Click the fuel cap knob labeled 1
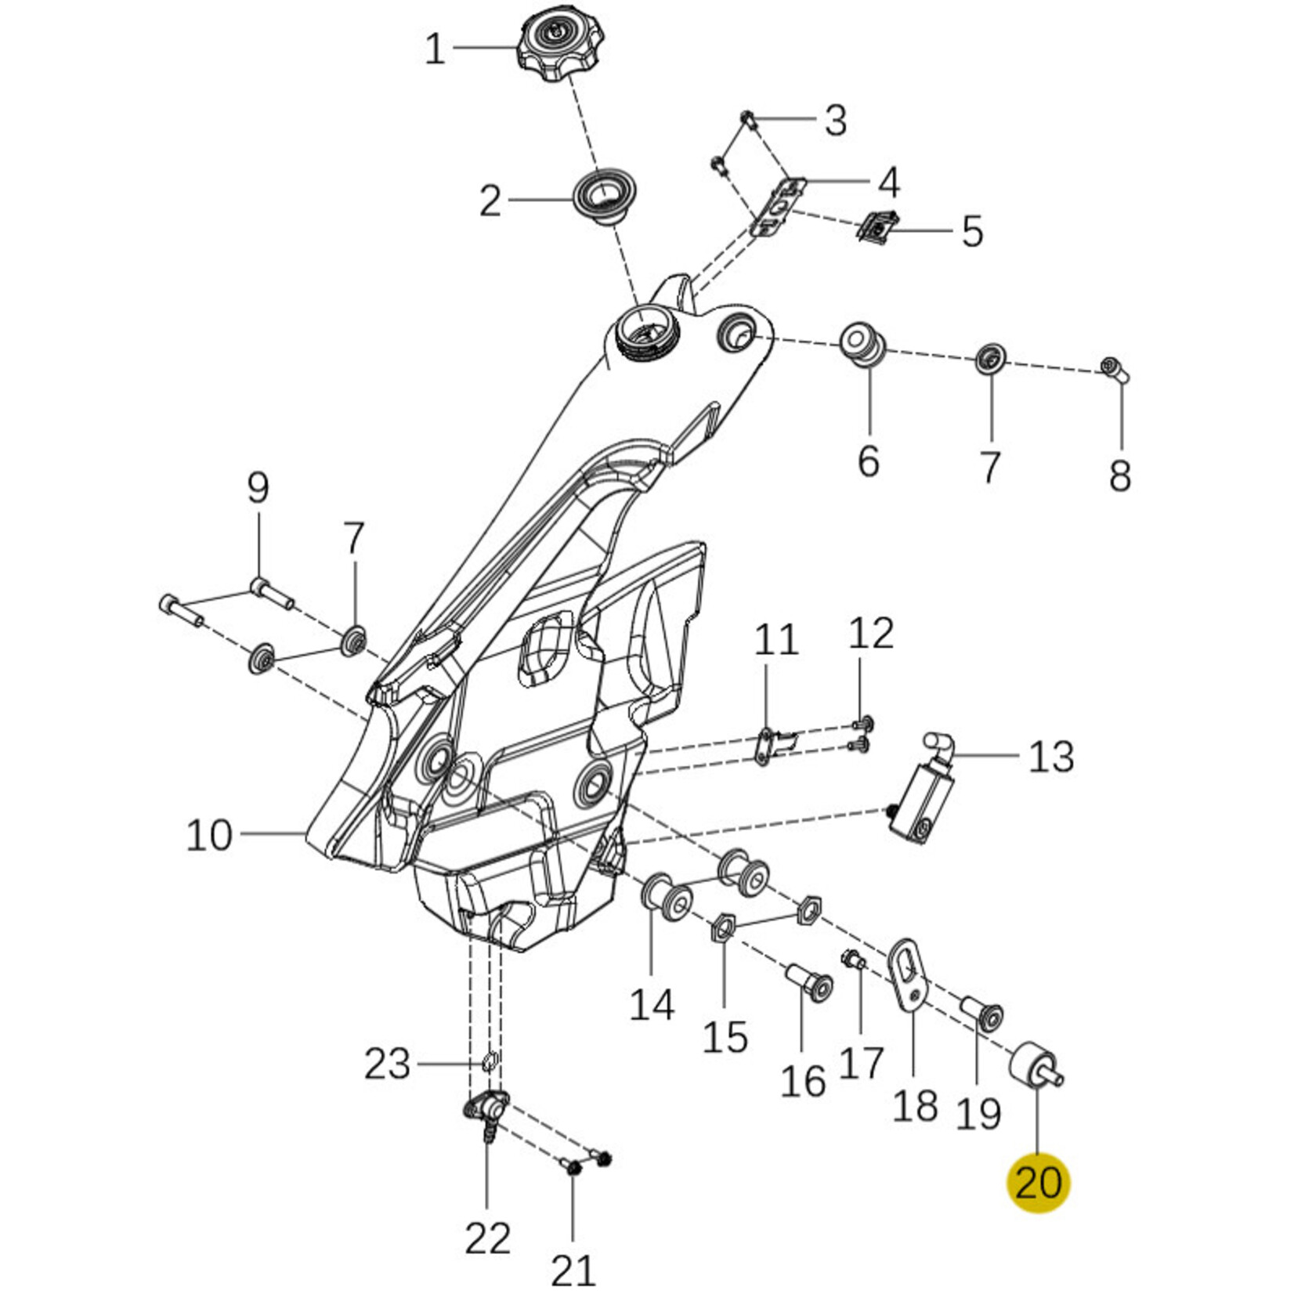[x=553, y=47]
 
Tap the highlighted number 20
[x=1038, y=1183]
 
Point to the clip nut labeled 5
[x=879, y=227]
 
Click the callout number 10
[x=209, y=835]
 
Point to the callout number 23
[x=388, y=1064]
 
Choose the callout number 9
[x=258, y=488]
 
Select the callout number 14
[x=652, y=1004]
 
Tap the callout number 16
[x=803, y=1081]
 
